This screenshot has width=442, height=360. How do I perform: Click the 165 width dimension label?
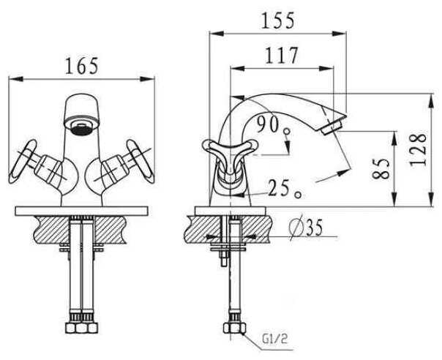82,66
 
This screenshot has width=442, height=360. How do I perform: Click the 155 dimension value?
278,20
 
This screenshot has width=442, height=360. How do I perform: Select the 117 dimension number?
281,56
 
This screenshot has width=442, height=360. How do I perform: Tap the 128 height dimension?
418,149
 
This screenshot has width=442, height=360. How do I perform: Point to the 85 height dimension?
381,168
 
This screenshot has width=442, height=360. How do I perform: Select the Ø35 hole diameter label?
306,228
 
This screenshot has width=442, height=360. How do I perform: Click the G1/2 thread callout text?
274,339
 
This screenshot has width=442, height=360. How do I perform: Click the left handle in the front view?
23,162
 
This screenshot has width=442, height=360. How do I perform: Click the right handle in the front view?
141,162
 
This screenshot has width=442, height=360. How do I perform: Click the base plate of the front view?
82,211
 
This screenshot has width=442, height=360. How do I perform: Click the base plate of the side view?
231,211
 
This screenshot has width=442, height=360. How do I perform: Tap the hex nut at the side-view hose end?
234,328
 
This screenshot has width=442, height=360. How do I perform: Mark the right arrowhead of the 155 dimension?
339,33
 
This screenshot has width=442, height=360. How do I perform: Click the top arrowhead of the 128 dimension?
431,101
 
